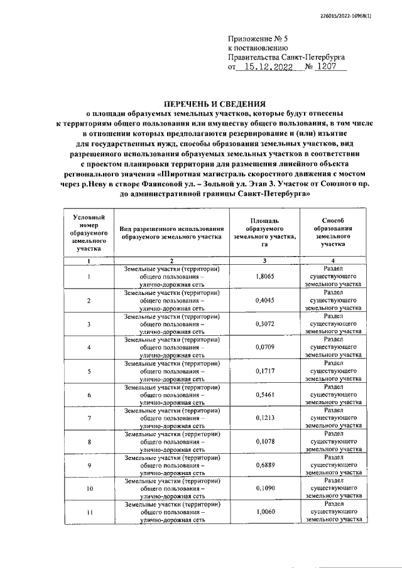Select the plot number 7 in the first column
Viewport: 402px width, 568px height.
[89, 418]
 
